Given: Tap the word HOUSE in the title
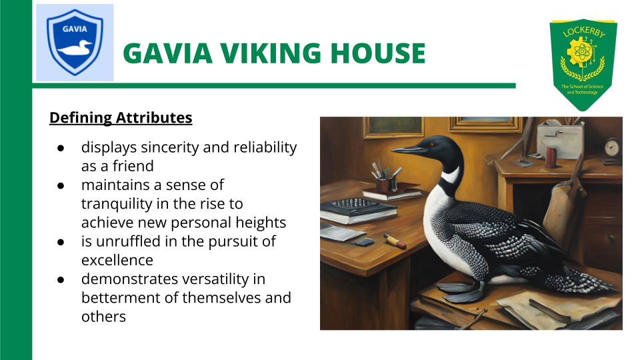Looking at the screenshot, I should (383, 53).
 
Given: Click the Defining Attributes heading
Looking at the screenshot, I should (121, 118).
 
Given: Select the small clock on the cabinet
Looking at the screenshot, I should (613, 148).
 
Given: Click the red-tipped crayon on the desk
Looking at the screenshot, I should (395, 242).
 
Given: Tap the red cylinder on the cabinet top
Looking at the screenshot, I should (551, 157).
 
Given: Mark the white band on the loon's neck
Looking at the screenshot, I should (451, 175).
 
